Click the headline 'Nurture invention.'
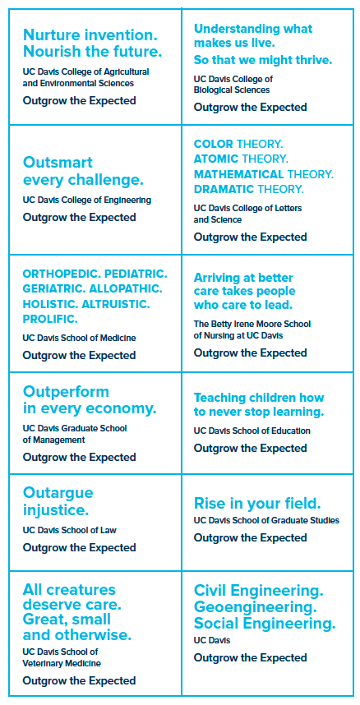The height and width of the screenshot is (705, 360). pyautogui.click(x=89, y=35)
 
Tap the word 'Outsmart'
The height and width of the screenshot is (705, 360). pyautogui.click(x=58, y=163)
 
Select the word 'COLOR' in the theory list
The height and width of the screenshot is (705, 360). pyautogui.click(x=214, y=145)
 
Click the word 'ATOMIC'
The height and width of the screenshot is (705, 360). pyautogui.click(x=215, y=159)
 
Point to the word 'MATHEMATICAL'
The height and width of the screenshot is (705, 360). pyautogui.click(x=238, y=174)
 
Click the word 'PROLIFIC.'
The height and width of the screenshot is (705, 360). pyautogui.click(x=50, y=320)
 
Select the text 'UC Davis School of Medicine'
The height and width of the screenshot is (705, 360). pyautogui.click(x=79, y=338)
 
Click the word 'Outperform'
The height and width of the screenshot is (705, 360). pyautogui.click(x=66, y=392)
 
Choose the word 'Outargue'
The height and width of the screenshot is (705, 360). pyautogui.click(x=58, y=493)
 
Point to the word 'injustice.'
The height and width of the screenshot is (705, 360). pyautogui.click(x=56, y=510)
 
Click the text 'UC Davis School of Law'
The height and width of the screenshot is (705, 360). pyautogui.click(x=70, y=530)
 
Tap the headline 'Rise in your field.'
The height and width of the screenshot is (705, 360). pyautogui.click(x=257, y=503)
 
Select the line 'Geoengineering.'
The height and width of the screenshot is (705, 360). pyautogui.click(x=255, y=607)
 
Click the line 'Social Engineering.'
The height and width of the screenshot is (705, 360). pyautogui.click(x=265, y=624)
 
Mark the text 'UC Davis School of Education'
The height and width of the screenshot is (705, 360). pyautogui.click(x=252, y=431)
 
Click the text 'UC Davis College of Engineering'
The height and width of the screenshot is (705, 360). pyautogui.click(x=87, y=200)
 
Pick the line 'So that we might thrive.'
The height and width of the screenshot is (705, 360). pyautogui.click(x=263, y=60)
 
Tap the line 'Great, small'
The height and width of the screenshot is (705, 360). pyautogui.click(x=67, y=620)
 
